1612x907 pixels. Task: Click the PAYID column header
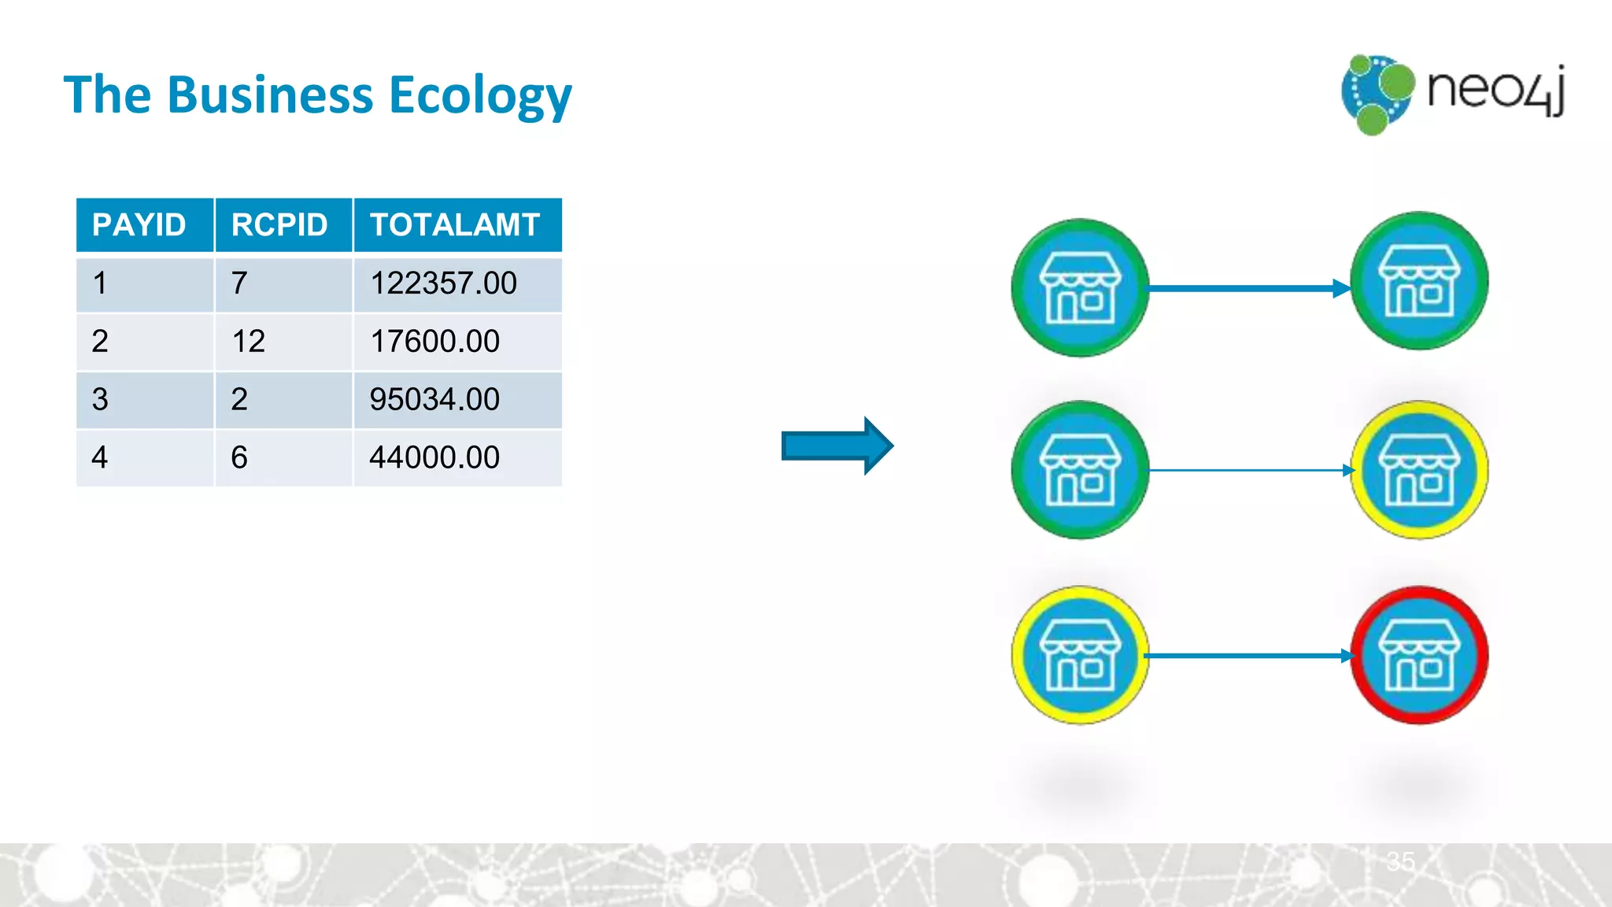tap(139, 225)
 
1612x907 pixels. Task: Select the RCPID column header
tap(279, 225)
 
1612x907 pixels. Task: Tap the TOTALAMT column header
tap(455, 225)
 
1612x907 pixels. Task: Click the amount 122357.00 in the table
tap(443, 283)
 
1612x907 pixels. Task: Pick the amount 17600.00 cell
tap(434, 342)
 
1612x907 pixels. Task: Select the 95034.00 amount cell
tap(434, 400)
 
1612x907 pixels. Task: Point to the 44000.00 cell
tap(434, 457)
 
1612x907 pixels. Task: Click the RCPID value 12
tap(249, 342)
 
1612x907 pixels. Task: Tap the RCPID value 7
tap(239, 283)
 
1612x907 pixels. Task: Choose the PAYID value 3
tap(100, 400)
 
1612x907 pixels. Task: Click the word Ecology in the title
tap(480, 96)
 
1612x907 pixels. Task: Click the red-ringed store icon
tap(1419, 655)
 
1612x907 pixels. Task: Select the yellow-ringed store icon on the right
tap(1419, 470)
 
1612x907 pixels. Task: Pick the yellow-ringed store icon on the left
tap(1080, 655)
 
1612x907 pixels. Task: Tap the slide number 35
tap(1401, 861)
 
